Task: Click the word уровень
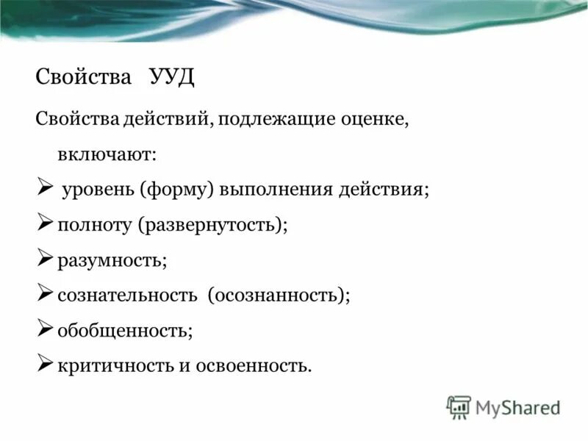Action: click(x=97, y=190)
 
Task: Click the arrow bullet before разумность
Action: click(x=45, y=258)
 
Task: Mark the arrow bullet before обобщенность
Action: click(x=45, y=329)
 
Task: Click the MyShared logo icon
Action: click(x=459, y=406)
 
